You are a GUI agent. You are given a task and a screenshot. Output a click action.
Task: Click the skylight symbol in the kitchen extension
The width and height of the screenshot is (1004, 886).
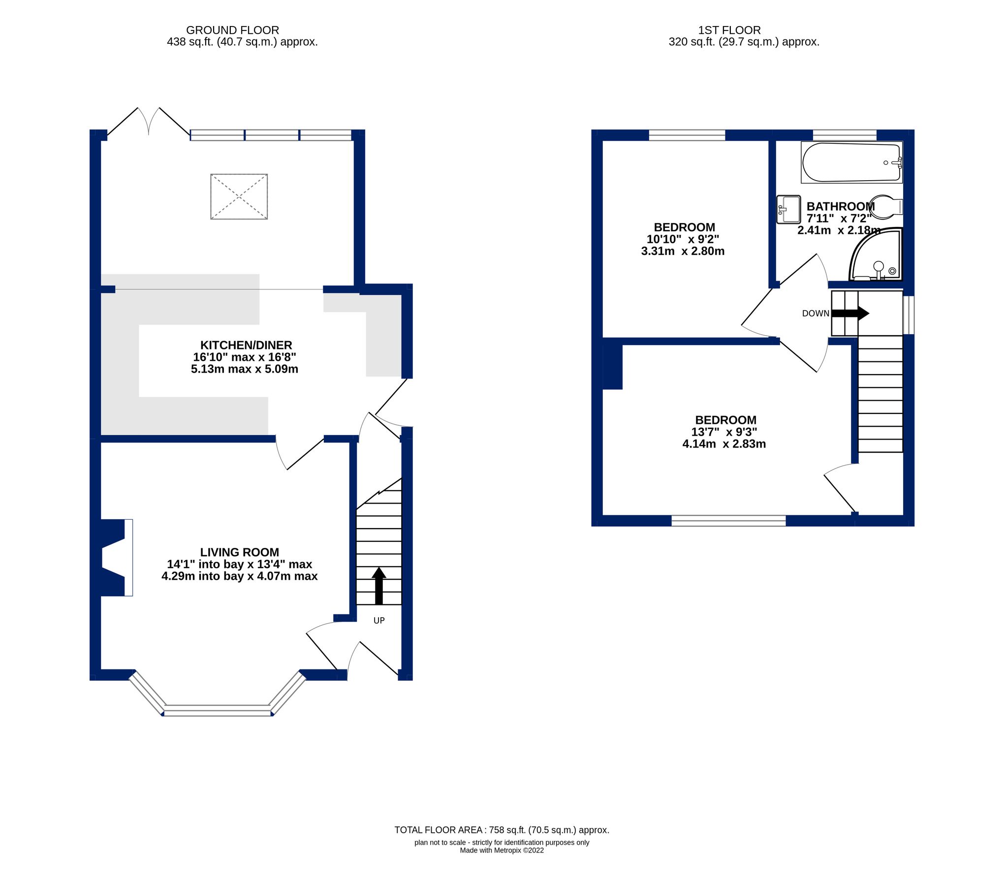pos(239,196)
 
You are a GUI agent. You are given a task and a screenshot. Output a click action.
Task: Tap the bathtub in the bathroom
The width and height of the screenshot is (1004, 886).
pos(851,162)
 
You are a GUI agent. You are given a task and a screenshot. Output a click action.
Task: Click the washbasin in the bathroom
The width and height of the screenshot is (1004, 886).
pos(788,209)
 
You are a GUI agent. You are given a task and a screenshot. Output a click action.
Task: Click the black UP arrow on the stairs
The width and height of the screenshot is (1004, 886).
pos(378,585)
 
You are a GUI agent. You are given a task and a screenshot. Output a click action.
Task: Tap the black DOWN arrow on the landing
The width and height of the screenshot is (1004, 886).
pos(850,313)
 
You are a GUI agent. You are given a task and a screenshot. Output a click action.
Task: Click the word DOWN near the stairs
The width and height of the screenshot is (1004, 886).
pos(815,314)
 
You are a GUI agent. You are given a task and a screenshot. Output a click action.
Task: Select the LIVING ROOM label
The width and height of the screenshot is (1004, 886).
pos(239,552)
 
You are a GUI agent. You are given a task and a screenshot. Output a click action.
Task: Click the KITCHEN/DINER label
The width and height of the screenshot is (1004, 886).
pos(246,345)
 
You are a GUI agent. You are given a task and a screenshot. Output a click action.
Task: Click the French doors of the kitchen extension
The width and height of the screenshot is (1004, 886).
pos(149,122)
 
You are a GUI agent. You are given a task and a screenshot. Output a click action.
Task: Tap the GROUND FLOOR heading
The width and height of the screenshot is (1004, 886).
pos(232,30)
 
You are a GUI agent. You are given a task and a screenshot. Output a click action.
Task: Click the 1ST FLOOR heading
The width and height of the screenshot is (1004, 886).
pos(729,30)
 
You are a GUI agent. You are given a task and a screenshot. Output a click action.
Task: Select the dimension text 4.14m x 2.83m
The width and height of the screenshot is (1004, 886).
pos(723,444)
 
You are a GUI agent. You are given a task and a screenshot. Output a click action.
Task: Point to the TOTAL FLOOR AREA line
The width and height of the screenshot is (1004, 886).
pos(502,830)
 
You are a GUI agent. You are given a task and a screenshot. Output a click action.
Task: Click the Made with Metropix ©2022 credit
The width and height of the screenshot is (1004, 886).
pos(502,850)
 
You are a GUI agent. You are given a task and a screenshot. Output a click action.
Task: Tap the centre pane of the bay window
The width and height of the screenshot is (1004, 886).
pos(218,710)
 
